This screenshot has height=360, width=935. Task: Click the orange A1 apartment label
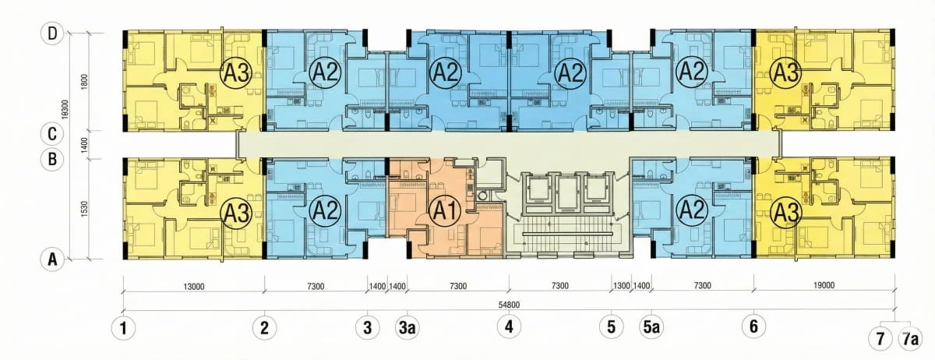pos(446,210)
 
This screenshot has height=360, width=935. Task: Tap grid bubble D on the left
pos(52,33)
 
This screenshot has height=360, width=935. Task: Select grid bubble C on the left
pos(52,134)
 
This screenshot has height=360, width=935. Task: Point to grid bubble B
pos(52,159)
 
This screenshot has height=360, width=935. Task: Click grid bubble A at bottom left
pos(52,259)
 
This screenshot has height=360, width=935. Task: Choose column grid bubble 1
pos(124,328)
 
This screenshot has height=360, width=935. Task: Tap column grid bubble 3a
pos(408,327)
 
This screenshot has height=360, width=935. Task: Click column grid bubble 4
pos(509,326)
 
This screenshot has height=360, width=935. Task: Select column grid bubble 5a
pos(651,327)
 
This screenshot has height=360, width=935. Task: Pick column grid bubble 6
pos(754,326)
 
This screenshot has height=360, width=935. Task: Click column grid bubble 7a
pos(910,339)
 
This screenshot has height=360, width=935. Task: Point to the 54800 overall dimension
pos(509,305)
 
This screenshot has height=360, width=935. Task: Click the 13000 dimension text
pos(194,287)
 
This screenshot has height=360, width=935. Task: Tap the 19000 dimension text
pos(824,285)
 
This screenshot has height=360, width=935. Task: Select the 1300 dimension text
pos(621,286)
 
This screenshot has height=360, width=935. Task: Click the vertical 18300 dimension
pos(65,109)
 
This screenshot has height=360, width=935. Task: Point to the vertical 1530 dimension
pos(85,209)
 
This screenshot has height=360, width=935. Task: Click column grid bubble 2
pos(265,328)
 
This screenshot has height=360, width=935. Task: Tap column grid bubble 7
pos(880,339)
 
